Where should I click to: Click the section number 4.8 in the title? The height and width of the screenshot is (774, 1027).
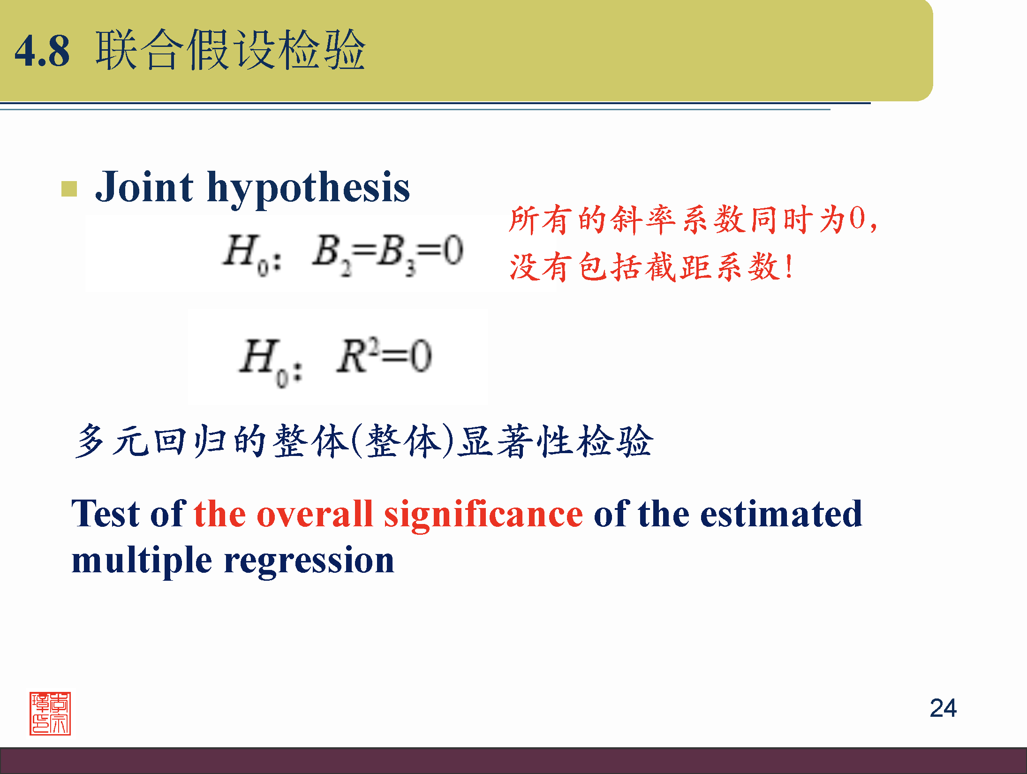point(42,51)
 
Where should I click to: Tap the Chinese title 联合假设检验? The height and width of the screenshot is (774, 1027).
point(230,50)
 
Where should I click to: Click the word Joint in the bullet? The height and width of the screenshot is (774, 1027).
point(144,187)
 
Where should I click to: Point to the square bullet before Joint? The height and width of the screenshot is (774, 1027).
point(69,189)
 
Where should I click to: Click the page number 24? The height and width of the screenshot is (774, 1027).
point(943,708)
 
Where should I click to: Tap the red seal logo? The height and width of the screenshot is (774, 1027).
point(50,713)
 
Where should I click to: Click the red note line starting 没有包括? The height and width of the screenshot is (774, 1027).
point(651,267)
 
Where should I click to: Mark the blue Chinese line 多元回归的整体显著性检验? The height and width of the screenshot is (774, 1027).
point(364,441)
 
